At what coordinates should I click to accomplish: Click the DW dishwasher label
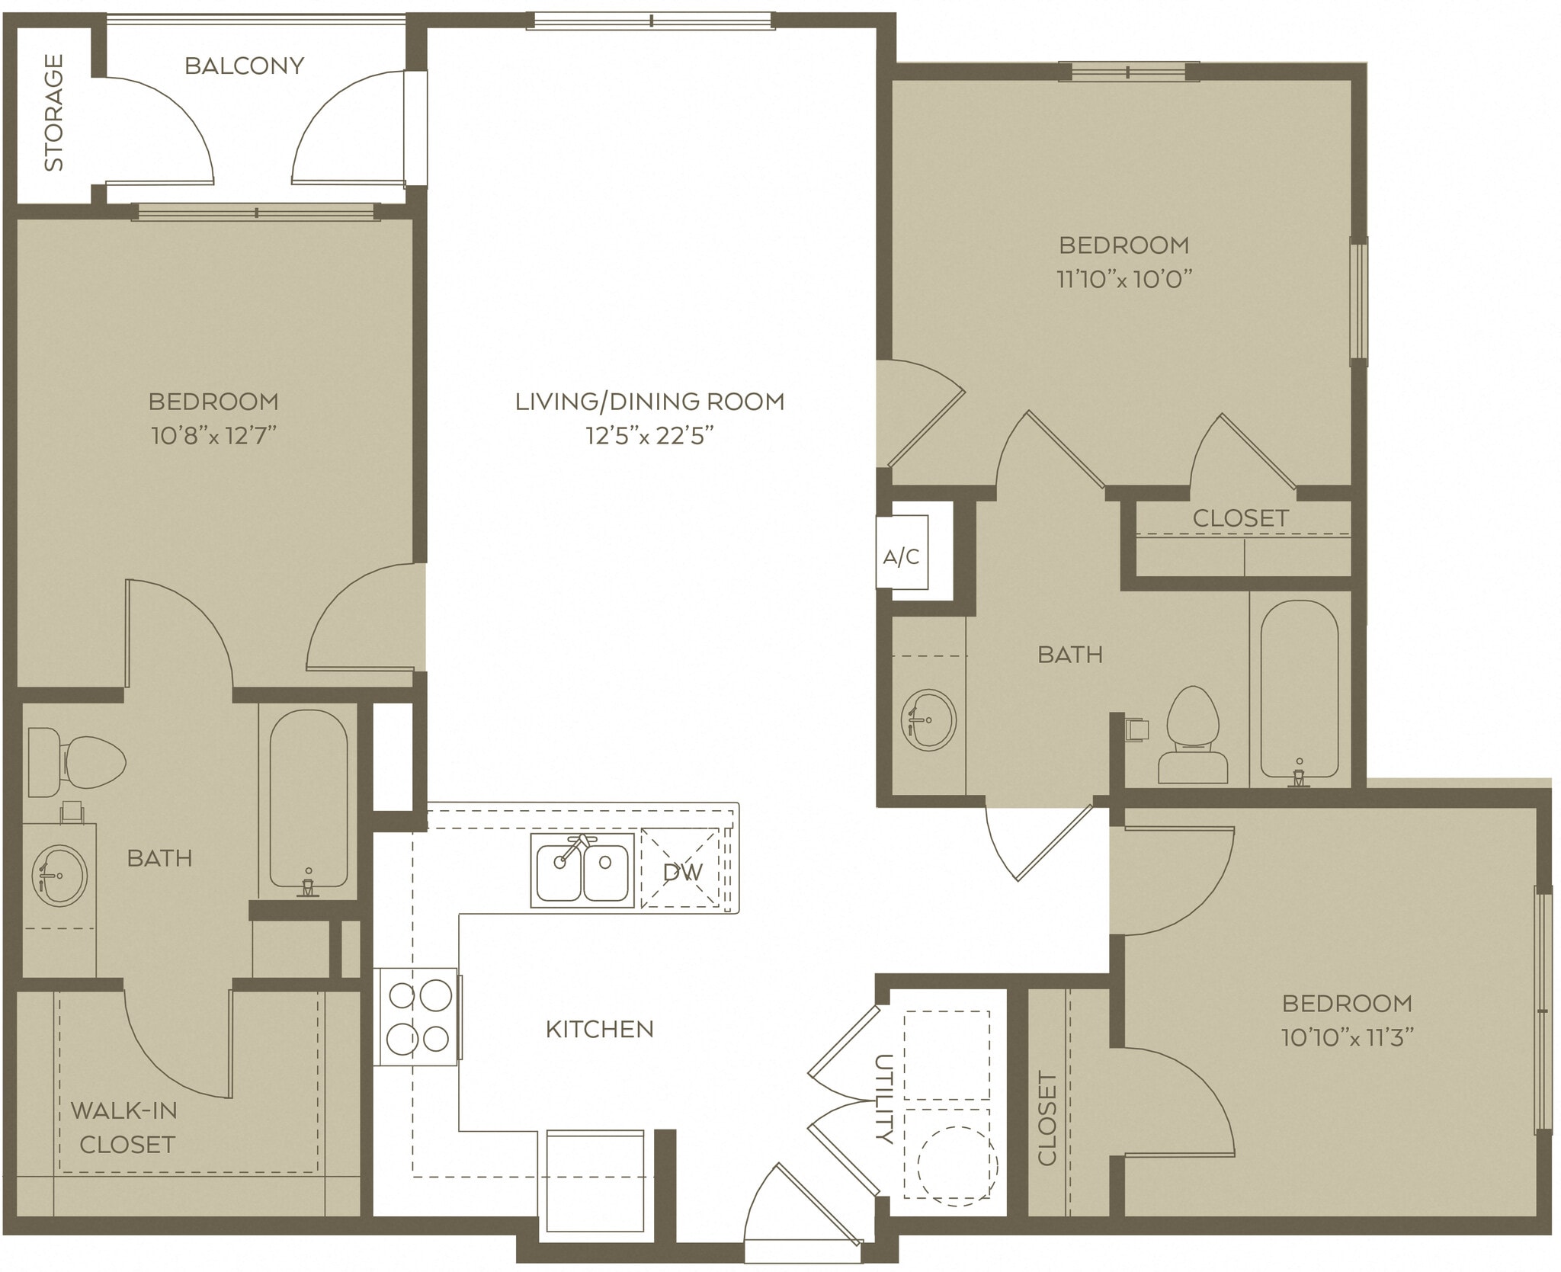[682, 871]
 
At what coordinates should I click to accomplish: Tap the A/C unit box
[902, 557]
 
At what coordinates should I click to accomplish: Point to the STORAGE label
[54, 112]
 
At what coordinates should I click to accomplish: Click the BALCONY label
[245, 66]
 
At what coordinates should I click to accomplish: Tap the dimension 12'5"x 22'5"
[649, 436]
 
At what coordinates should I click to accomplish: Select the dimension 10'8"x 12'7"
[213, 436]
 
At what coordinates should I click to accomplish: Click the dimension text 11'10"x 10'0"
[1124, 279]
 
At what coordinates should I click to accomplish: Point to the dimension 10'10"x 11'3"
[1348, 1037]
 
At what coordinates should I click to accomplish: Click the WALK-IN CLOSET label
[125, 1127]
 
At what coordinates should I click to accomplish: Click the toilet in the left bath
[76, 761]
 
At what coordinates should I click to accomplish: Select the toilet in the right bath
[1194, 735]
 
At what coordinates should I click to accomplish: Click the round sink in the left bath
[60, 874]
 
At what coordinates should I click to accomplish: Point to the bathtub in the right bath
[1299, 690]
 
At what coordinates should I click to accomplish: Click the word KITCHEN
[600, 1030]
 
